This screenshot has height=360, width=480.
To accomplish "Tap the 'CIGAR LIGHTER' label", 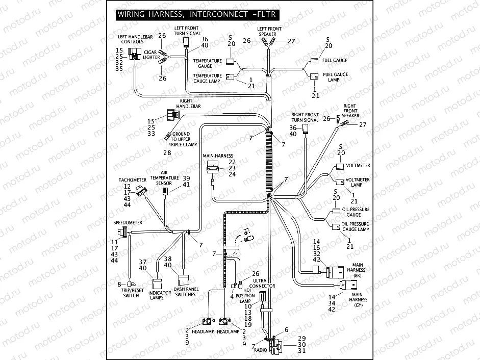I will click(150, 55).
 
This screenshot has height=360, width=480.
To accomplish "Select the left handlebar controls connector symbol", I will click(136, 54).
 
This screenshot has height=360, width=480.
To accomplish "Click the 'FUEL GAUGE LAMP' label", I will click(335, 78).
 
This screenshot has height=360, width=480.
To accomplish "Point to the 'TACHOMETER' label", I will click(133, 180).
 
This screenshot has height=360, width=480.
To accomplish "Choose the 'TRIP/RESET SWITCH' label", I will click(131, 293).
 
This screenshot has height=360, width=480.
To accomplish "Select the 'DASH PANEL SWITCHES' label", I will click(185, 292).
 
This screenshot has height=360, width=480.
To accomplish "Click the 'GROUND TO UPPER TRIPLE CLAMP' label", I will click(183, 139).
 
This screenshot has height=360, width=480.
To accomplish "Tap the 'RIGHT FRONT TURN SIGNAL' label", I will click(305, 117).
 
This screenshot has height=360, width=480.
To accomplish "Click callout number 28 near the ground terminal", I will click(167, 152).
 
